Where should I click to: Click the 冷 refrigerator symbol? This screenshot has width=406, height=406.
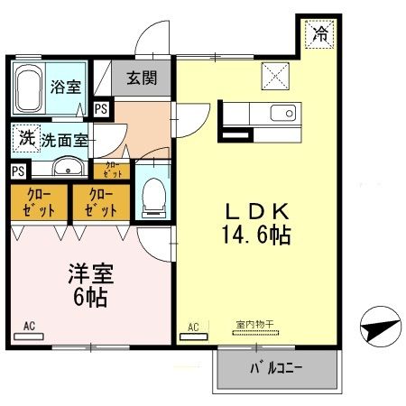pos(319,34)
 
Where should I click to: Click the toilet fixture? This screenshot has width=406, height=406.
pos(152,195)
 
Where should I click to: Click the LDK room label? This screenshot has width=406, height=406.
pos(256,213)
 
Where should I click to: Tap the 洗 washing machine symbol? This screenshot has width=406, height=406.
pos(24,139)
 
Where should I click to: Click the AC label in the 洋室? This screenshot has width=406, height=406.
pos(29,325)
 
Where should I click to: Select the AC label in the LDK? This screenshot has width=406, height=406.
pos(192,326)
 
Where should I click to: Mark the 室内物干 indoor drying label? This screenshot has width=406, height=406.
pos(254,323)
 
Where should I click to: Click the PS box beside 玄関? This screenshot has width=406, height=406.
pos(100,108)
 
